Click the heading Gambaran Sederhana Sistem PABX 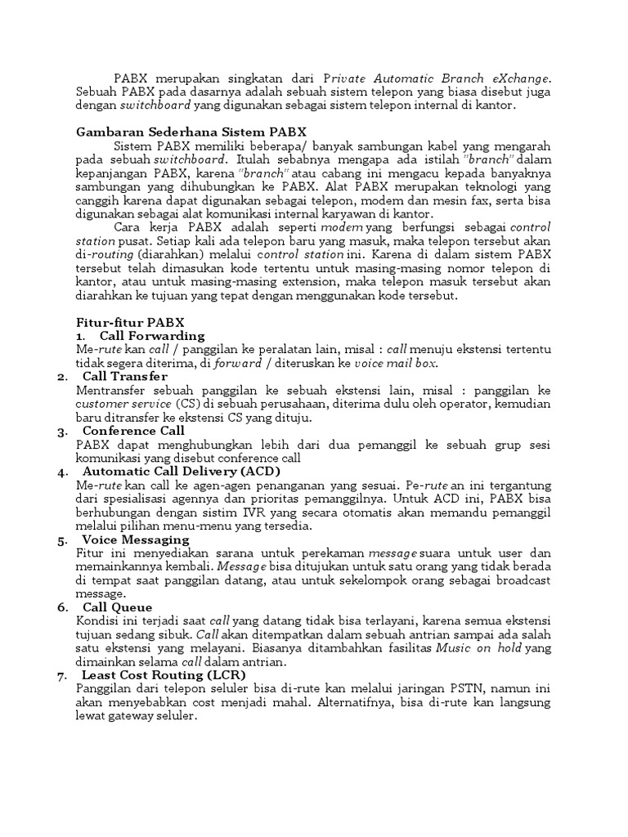click(x=191, y=132)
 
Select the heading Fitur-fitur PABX click(x=130, y=323)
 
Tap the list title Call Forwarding click(x=152, y=336)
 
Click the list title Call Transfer click(x=125, y=376)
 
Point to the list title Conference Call click(x=134, y=431)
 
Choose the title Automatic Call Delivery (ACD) click(x=182, y=472)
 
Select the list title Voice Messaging click(x=136, y=539)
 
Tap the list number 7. click(x=62, y=675)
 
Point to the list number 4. click(x=62, y=472)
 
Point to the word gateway click(x=132, y=715)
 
